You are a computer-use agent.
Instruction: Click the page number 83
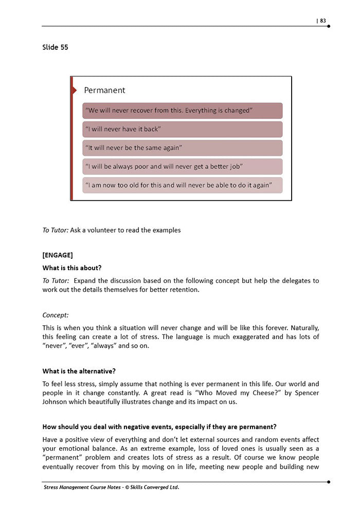323,21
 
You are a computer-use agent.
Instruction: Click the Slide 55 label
55,47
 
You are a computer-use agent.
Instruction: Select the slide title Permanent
104,90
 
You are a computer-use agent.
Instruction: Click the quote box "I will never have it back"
182,129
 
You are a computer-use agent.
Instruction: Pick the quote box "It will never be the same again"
182,148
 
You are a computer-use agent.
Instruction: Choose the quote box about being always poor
182,166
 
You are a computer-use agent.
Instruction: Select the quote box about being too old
182,185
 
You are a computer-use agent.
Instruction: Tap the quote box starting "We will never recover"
182,111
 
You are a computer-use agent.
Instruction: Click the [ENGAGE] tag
58,255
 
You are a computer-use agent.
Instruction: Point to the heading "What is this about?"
71,268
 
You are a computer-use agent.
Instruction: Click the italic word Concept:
56,314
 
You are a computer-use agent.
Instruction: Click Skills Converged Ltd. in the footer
155,487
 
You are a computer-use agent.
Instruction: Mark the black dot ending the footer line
329,482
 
